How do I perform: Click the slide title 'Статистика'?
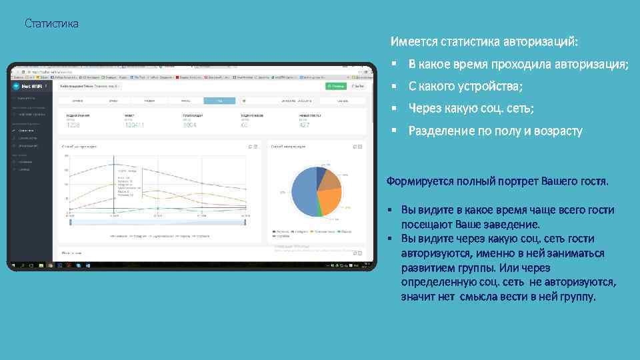[51, 24]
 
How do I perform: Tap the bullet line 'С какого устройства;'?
[465, 86]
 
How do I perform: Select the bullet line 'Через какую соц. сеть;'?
[471, 109]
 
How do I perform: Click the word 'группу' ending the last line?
[576, 296]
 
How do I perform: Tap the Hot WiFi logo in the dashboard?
[30, 86]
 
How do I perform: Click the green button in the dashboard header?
[335, 86]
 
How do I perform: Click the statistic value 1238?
[73, 125]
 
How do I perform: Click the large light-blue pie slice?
[301, 194]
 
